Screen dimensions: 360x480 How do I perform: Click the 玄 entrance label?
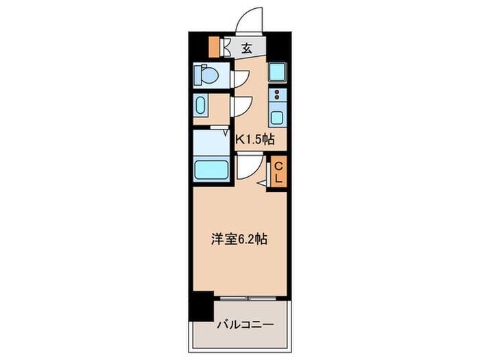(246, 48)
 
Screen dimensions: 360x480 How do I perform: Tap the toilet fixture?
(206, 74)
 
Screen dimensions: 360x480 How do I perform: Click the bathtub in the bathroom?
(212, 169)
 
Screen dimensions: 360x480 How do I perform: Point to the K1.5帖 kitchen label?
(255, 139)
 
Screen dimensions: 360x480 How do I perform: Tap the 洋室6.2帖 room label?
(238, 240)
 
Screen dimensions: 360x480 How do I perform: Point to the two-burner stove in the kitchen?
(277, 94)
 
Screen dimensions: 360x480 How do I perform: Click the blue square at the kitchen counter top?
(276, 72)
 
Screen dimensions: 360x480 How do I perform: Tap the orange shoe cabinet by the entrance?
(215, 46)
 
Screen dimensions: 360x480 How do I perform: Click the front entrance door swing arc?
(248, 21)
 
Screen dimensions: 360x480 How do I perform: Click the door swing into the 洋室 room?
(248, 166)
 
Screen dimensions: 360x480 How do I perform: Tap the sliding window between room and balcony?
(248, 298)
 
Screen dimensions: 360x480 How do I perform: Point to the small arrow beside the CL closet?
(262, 183)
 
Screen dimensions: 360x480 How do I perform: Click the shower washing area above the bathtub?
(211, 142)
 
